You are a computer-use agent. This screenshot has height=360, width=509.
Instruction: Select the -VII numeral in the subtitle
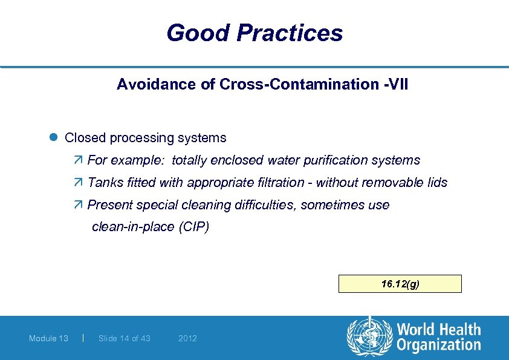tap(396, 84)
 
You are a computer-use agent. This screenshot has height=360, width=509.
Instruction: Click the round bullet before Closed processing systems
tap(53, 138)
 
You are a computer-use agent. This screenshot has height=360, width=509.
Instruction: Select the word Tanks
tap(105, 183)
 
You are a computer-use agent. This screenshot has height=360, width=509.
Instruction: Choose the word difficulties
tap(263, 205)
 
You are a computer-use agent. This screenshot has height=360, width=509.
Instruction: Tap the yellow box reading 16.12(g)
tap(400, 284)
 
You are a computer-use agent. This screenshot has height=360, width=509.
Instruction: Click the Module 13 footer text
tap(48, 338)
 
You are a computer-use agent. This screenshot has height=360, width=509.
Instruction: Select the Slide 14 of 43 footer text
tap(125, 338)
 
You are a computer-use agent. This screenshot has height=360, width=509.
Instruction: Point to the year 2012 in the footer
tap(187, 338)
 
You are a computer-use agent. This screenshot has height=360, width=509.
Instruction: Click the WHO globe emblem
tap(369, 337)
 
